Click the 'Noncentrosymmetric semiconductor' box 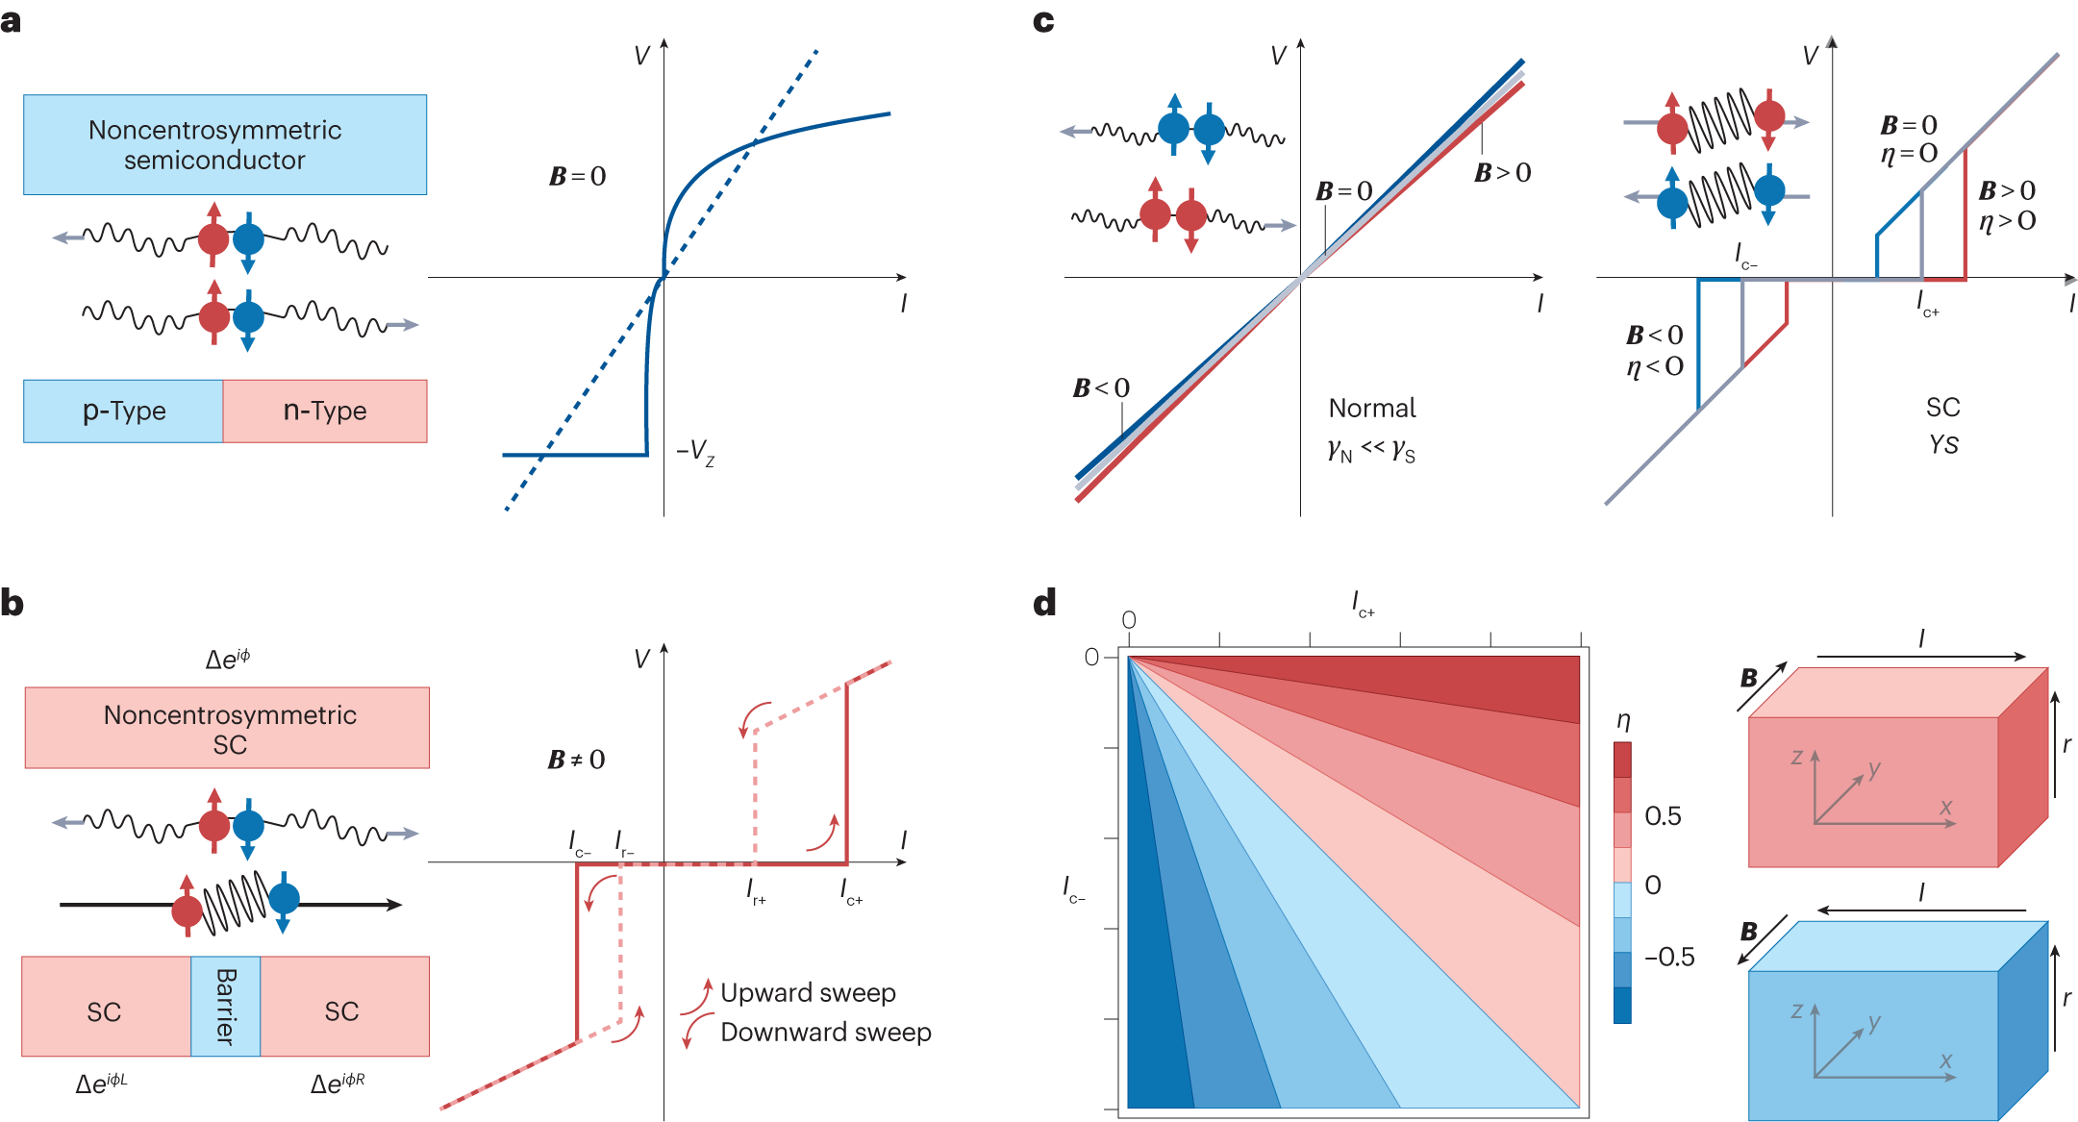tap(225, 144)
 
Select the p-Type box tap(123, 411)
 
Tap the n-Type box tap(325, 411)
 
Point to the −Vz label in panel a tap(694, 451)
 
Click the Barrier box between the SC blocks tap(225, 1006)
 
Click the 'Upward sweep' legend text tap(808, 992)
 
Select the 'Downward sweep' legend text tap(825, 1032)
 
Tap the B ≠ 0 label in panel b tap(576, 760)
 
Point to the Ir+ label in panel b tap(756, 893)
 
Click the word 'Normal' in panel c tap(1372, 409)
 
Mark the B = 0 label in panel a tap(577, 176)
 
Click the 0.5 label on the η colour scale tap(1663, 816)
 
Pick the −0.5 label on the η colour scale tap(1669, 957)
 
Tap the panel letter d tap(1044, 603)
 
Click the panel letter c tap(1043, 21)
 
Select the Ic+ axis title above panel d tap(1363, 604)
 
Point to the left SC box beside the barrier tap(105, 1010)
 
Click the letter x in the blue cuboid tap(1945, 1060)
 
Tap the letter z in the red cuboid tap(1796, 758)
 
